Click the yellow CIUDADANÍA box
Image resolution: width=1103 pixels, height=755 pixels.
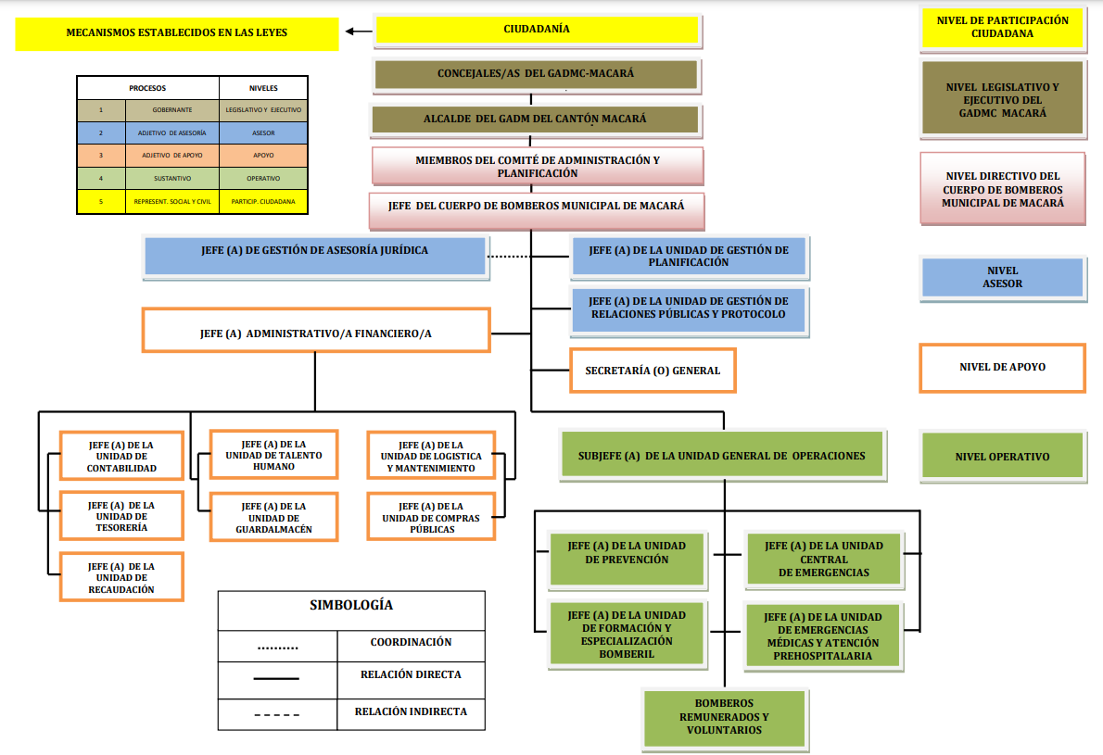[537, 30]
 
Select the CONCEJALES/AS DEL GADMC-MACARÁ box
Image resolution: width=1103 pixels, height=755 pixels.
[536, 74]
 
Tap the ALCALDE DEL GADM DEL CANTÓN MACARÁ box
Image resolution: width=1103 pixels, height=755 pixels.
[535, 120]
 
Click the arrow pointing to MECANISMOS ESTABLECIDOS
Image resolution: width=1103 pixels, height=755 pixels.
[356, 31]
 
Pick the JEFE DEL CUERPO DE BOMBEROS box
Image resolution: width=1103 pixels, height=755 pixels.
[537, 206]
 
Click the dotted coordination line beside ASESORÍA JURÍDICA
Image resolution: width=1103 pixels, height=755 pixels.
[528, 257]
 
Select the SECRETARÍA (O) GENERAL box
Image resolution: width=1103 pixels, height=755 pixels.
[653, 371]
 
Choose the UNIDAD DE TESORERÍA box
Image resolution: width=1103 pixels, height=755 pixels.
[121, 516]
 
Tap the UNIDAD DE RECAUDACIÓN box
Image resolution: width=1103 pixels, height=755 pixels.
[121, 577]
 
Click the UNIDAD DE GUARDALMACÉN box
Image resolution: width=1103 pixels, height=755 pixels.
[273, 518]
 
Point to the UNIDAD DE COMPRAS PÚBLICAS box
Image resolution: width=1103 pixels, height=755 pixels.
[431, 518]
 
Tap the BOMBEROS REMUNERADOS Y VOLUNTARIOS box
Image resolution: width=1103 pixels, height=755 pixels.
[725, 717]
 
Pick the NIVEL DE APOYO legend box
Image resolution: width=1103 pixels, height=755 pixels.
[1002, 367]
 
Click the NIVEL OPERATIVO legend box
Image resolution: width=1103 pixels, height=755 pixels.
[1002, 457]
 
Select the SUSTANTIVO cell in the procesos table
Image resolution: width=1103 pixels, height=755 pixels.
[172, 179]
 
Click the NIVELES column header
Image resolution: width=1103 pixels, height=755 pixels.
[263, 88]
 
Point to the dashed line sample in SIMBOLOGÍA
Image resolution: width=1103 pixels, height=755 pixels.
[277, 714]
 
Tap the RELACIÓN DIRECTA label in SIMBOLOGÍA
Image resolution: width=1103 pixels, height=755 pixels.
[411, 674]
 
